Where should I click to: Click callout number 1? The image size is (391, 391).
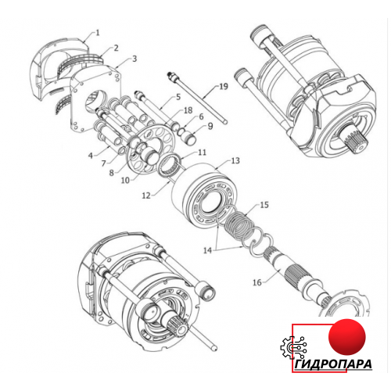point(98,33)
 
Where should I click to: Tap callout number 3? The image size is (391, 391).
point(135,59)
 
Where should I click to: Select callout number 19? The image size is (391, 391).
point(224,86)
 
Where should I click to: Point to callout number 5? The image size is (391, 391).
point(178,97)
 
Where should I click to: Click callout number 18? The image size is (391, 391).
point(188,110)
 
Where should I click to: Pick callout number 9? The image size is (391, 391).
point(210,126)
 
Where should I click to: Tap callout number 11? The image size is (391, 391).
point(202,152)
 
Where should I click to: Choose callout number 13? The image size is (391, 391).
point(235,160)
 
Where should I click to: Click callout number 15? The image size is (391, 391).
point(264,205)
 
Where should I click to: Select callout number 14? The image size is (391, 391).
point(208,250)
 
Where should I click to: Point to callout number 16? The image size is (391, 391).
point(257,282)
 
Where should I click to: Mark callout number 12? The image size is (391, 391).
point(146,195)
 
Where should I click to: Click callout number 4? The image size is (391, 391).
point(91,156)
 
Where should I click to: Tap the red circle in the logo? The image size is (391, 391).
point(347,337)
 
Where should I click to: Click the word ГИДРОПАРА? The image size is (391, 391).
point(333,364)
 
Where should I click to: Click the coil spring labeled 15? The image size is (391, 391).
point(239,224)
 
